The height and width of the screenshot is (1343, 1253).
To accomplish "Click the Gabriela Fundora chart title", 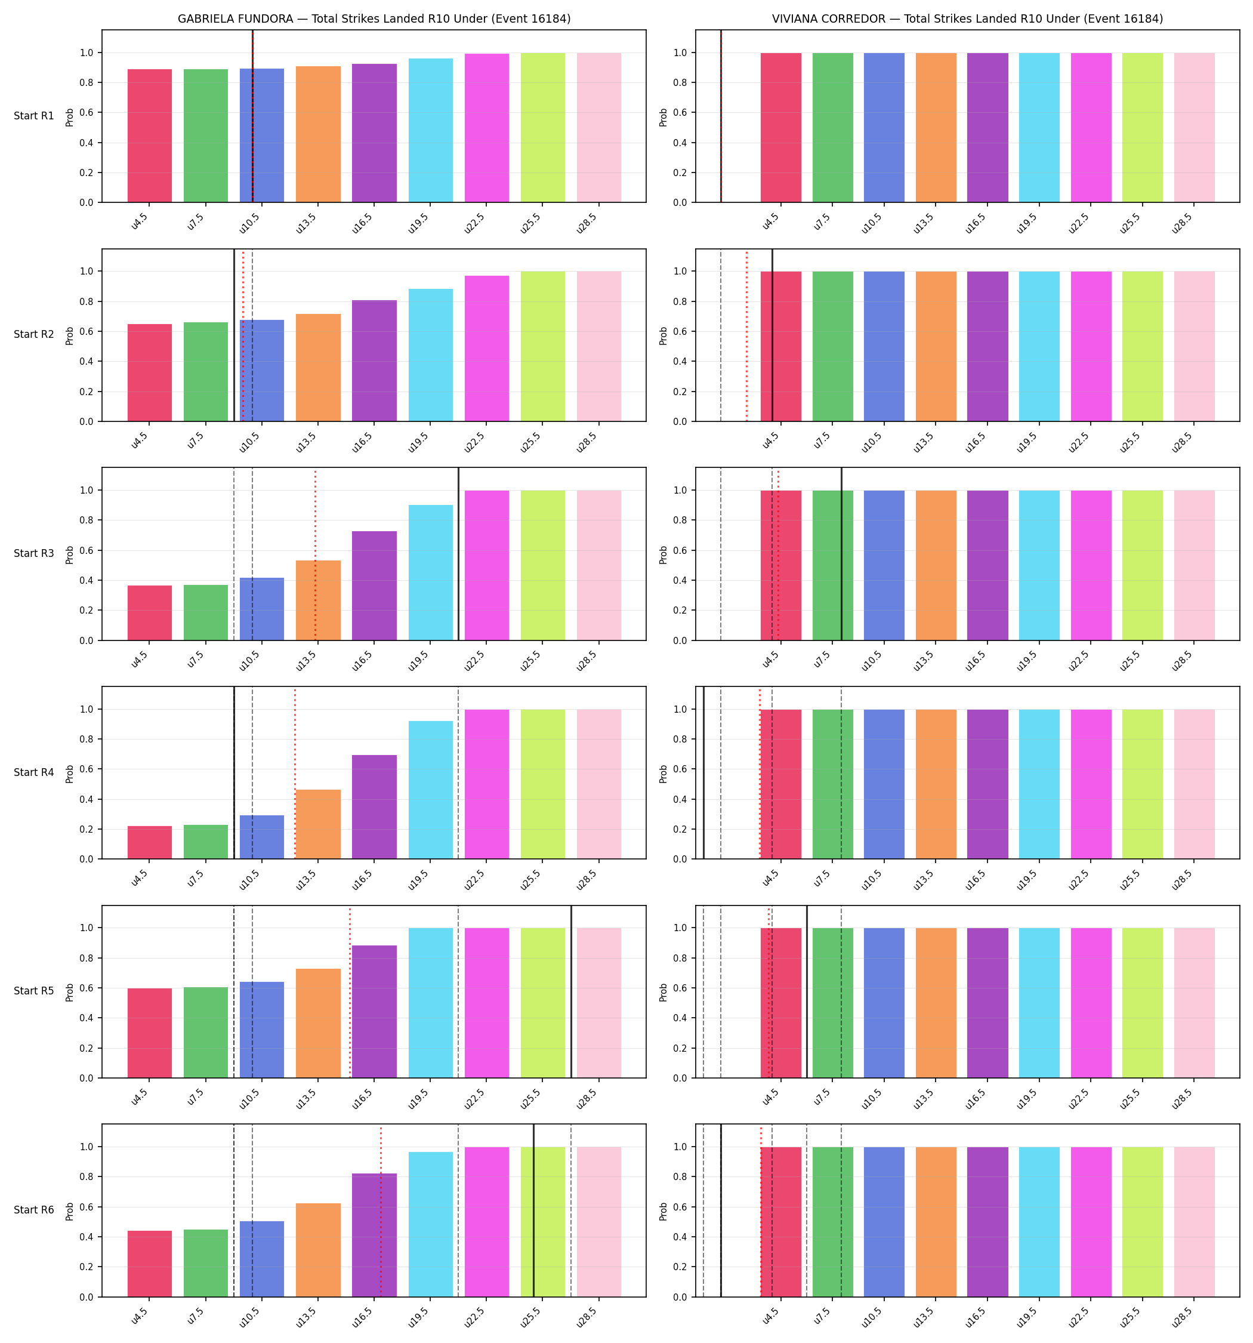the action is [x=374, y=19].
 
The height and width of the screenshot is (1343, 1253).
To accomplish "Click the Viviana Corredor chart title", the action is [x=967, y=19].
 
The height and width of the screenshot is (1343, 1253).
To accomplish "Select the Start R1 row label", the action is [x=34, y=116].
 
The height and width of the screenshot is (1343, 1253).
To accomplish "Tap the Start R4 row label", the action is [x=34, y=772].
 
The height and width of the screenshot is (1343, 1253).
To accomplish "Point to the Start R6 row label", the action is [x=34, y=1210].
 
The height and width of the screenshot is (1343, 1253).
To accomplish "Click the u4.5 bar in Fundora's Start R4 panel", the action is [x=150, y=842].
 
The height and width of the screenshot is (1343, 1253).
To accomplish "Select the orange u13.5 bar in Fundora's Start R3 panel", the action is [x=318, y=600].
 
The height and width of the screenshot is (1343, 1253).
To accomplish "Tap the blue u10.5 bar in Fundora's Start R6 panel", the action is [x=262, y=1259].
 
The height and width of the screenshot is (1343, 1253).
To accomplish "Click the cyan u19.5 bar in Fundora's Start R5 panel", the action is [x=430, y=1003].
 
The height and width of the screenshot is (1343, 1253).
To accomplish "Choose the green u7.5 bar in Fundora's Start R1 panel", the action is [x=206, y=135].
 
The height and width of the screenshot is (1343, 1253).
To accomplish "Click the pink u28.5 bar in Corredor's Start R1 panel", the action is [x=1195, y=128].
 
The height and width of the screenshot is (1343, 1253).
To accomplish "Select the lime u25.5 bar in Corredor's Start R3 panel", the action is [x=1142, y=565].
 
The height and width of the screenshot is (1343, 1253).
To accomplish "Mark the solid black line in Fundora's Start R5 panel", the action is [x=572, y=991].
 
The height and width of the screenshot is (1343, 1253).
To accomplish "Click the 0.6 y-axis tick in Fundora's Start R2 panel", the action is [x=87, y=331].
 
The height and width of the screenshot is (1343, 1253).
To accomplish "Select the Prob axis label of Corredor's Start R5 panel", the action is [x=663, y=991].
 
